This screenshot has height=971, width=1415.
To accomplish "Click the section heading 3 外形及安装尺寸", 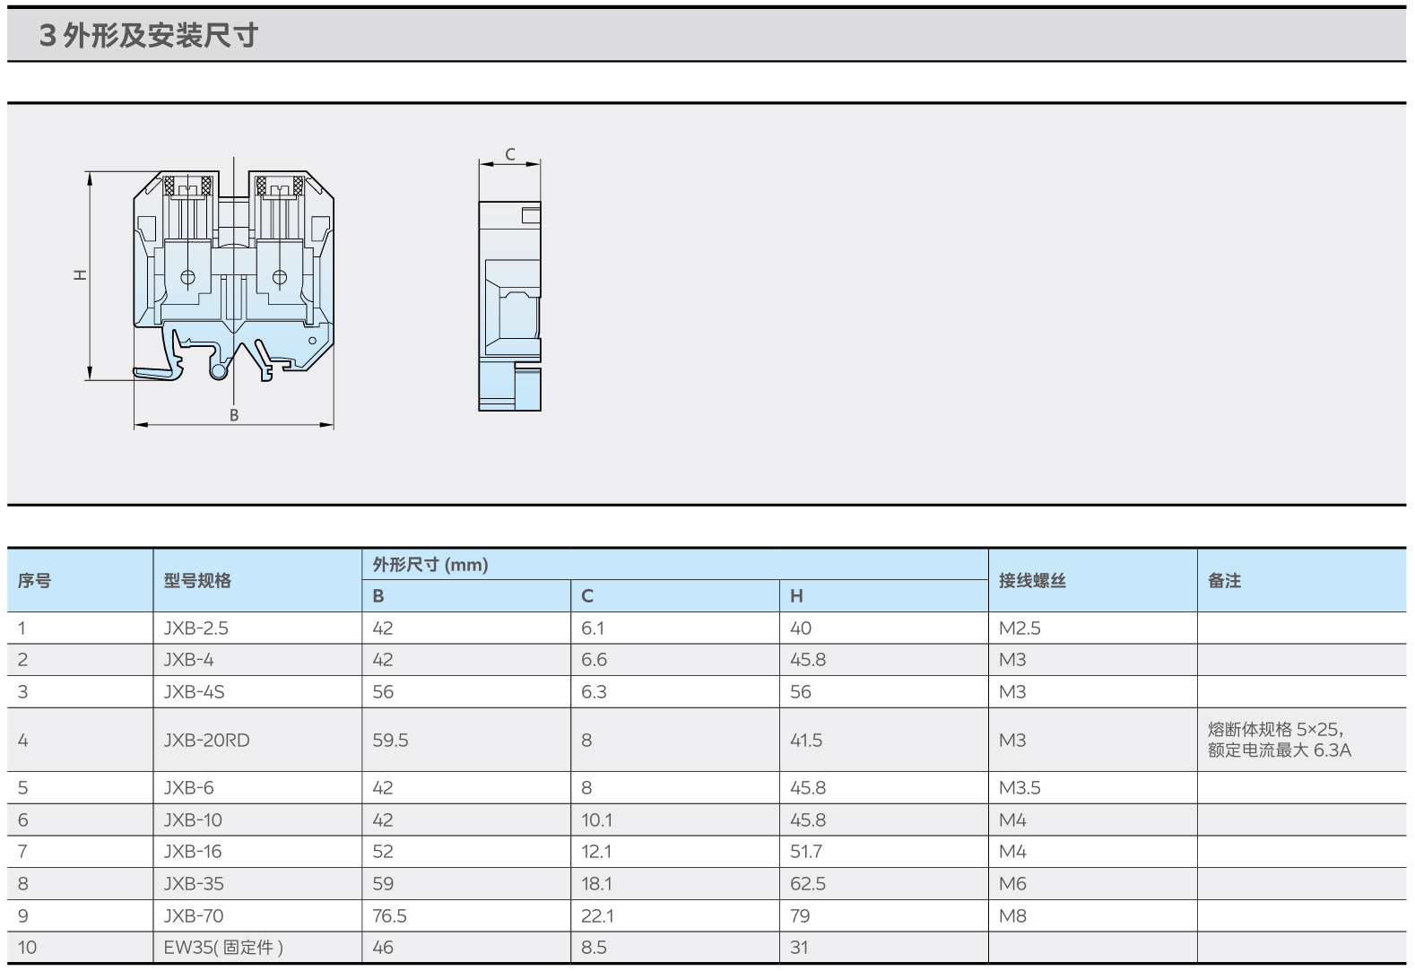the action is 149,35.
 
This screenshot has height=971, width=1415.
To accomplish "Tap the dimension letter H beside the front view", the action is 80,275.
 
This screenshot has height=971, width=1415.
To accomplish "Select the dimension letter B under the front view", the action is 234,415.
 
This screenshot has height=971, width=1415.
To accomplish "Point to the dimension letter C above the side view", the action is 510,154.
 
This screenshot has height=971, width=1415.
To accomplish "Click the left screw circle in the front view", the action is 187,277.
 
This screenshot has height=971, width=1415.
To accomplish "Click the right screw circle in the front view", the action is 279,277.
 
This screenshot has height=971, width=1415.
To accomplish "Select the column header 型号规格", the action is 197,581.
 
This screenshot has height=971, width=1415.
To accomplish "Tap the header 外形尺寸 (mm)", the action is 430,564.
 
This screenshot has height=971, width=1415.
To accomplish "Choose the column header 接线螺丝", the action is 1032,581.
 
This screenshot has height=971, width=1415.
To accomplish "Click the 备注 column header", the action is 1224,581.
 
